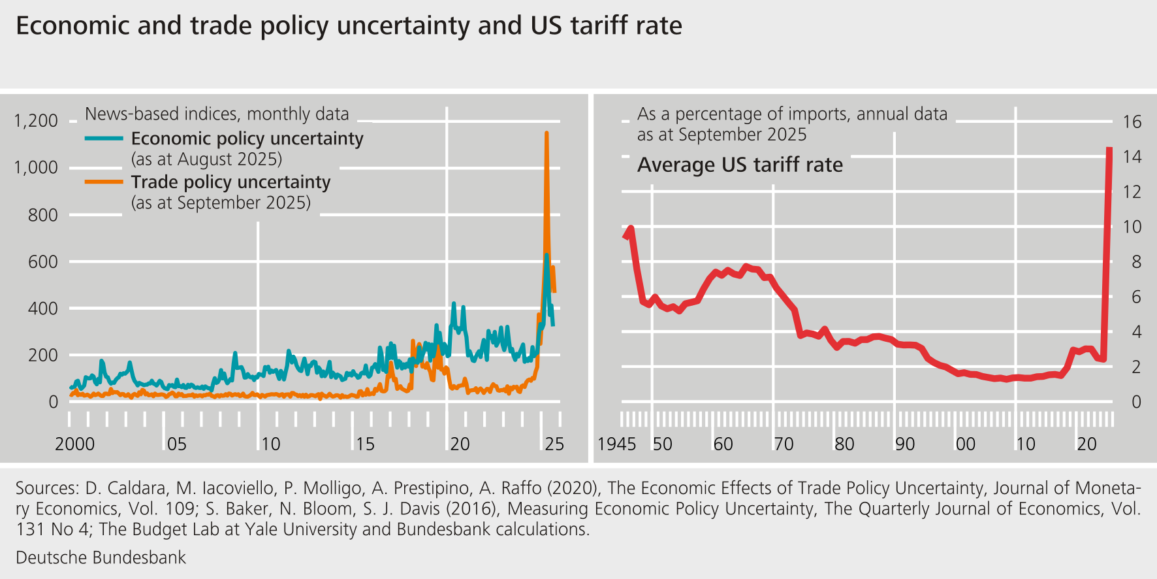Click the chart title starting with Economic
click(x=349, y=26)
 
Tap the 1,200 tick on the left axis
click(x=36, y=121)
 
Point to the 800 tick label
click(x=42, y=215)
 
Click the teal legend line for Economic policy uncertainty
click(x=104, y=139)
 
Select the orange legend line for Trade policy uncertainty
click(x=104, y=182)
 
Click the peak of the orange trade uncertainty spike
click(x=547, y=133)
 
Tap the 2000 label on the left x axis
click(x=74, y=444)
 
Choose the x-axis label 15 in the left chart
click(x=365, y=444)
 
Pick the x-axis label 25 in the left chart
click(x=554, y=444)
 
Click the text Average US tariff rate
click(x=740, y=165)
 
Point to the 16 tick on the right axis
click(x=1132, y=122)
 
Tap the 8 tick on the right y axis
click(x=1136, y=262)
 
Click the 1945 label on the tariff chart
click(x=616, y=444)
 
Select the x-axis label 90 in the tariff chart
click(x=904, y=444)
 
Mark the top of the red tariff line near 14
click(x=1109, y=150)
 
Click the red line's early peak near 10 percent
click(x=631, y=228)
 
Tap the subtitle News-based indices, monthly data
click(x=217, y=114)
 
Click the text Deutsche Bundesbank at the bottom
click(x=101, y=557)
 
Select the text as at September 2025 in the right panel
click(x=721, y=135)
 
